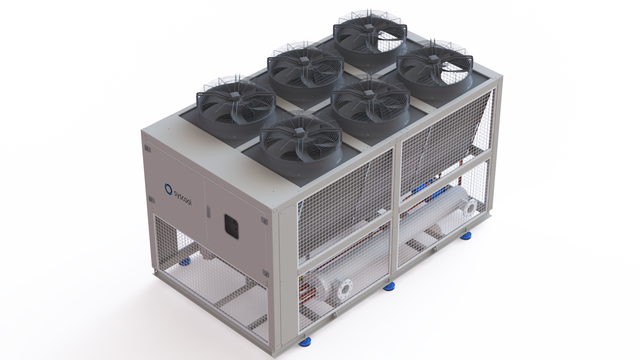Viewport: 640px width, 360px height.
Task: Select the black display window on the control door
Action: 231,226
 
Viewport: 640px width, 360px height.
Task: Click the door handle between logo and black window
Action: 208,211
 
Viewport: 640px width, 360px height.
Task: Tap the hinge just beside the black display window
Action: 264,221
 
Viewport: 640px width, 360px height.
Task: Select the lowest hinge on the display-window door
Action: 265,274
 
